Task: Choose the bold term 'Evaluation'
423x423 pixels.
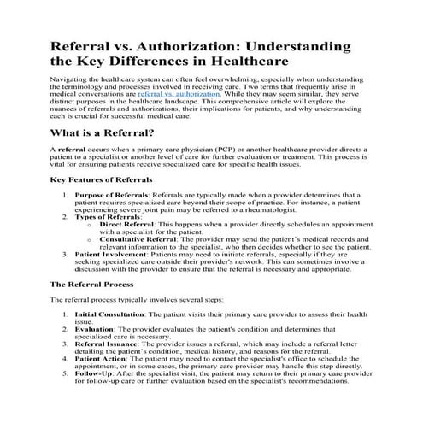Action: pyautogui.click(x=96, y=329)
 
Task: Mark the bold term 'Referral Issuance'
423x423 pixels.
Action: pyautogui.click(x=109, y=344)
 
